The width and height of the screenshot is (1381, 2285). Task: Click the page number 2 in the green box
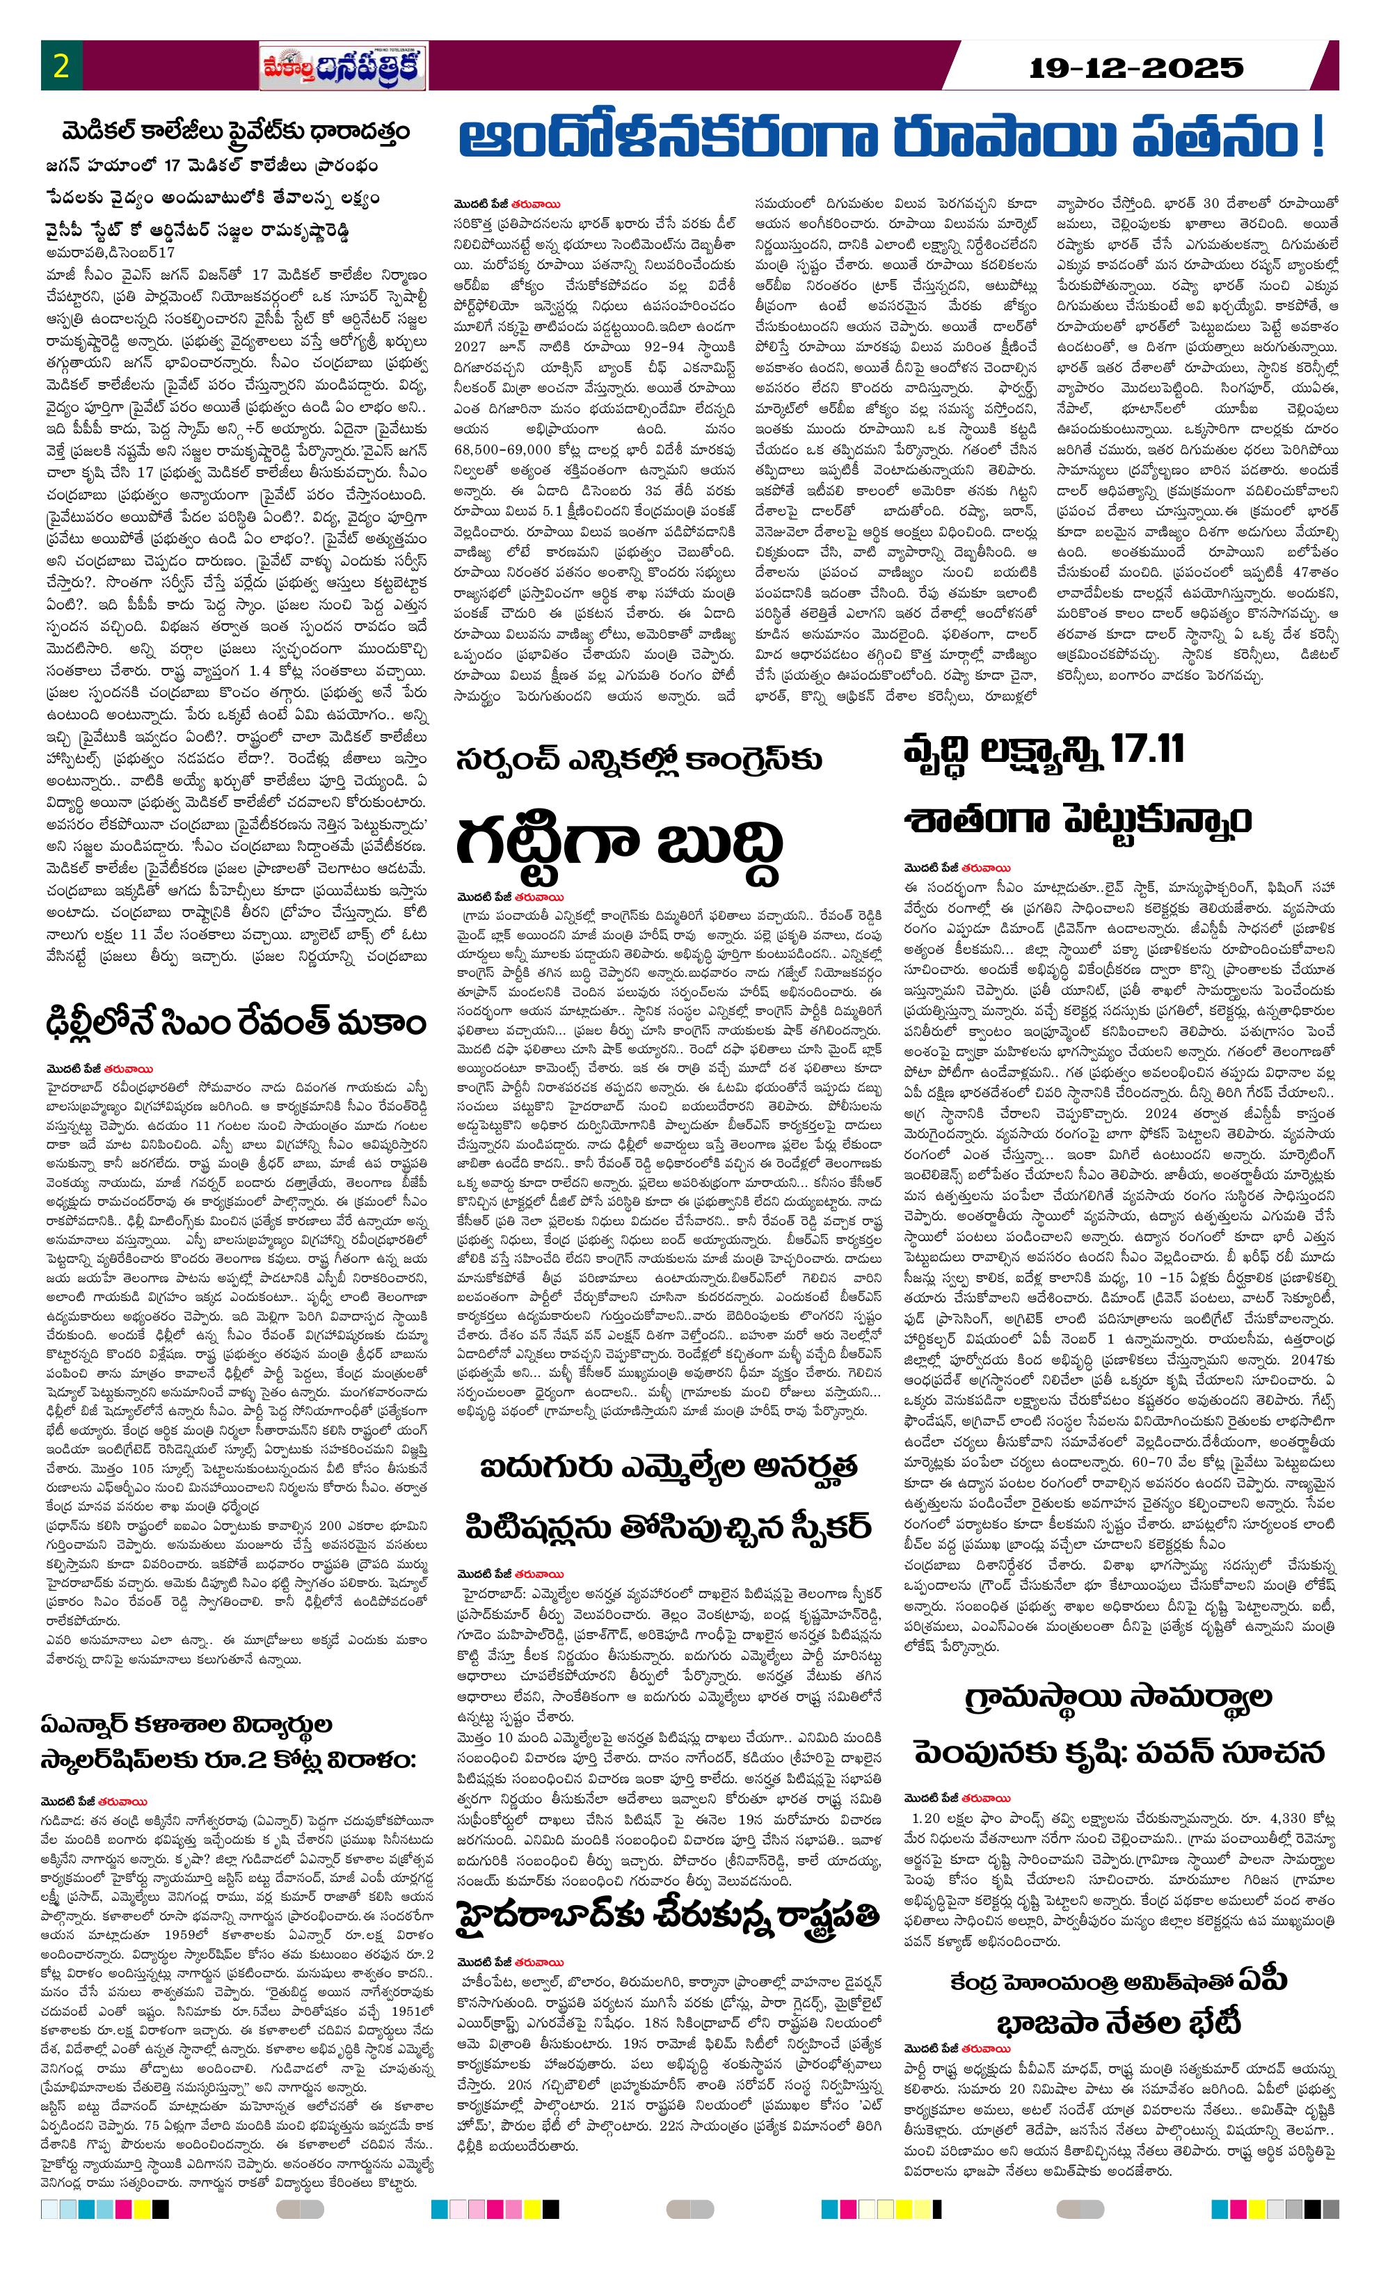click(61, 67)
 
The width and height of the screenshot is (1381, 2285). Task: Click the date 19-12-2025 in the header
click(1137, 67)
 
